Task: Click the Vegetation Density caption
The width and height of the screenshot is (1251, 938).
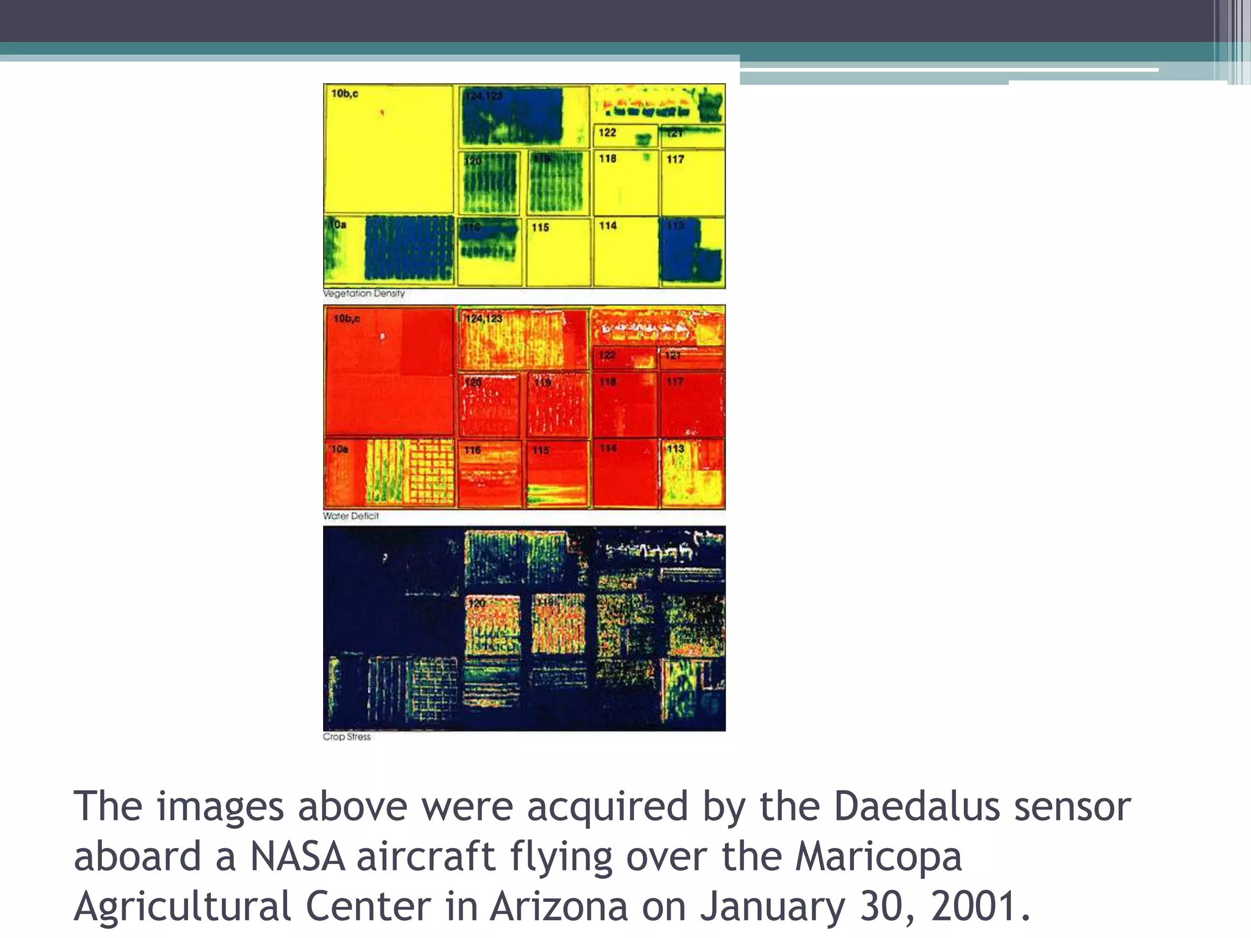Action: point(363,294)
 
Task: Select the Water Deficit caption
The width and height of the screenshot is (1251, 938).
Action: point(351,516)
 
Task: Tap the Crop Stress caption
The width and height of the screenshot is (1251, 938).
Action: point(346,737)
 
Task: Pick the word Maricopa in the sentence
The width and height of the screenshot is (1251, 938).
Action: point(878,857)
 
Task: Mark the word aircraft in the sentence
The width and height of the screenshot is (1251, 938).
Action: point(425,856)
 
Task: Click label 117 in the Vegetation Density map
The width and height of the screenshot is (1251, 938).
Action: point(675,159)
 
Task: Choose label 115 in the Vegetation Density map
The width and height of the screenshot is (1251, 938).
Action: point(540,228)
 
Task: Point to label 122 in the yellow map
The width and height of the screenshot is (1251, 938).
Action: point(607,133)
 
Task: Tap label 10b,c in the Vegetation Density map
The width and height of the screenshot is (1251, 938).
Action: point(345,94)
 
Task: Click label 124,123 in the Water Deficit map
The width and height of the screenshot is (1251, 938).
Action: point(483,319)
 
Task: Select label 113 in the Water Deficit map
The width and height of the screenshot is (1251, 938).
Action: point(675,449)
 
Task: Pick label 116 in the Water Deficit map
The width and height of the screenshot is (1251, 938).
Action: point(472,450)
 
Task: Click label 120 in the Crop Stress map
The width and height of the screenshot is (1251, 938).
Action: point(476,603)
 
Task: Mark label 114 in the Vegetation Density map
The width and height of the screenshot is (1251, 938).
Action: point(608,226)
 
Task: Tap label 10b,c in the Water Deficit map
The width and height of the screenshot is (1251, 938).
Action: point(346,319)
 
